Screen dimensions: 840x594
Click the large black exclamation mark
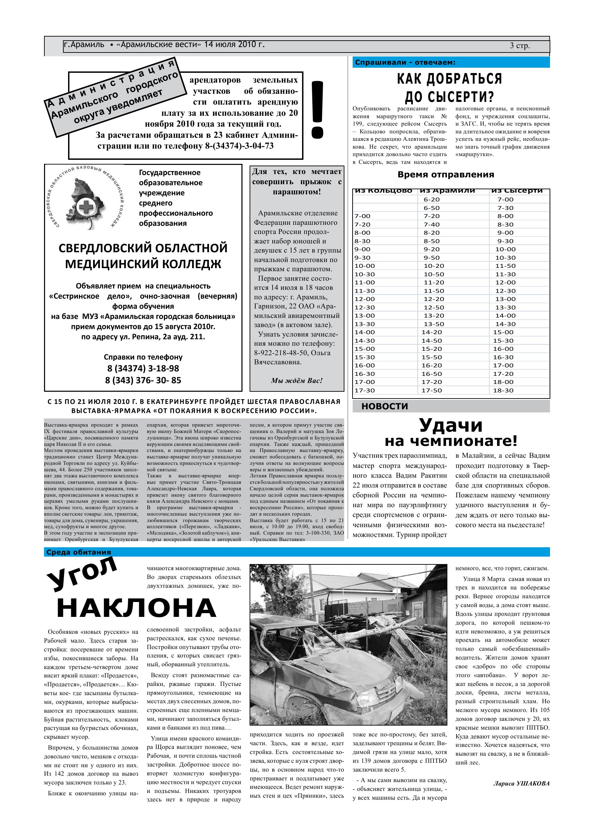pyautogui.click(x=317, y=110)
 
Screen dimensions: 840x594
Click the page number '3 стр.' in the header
pyautogui.click(x=520, y=46)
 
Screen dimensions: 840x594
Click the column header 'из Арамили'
pyautogui.click(x=447, y=191)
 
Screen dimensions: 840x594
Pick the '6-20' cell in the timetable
pyautogui.click(x=431, y=199)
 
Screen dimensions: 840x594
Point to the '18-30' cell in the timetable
pyautogui.click(x=503, y=390)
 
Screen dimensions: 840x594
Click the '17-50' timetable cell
pyautogui.click(x=431, y=390)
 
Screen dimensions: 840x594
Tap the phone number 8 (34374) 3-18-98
pyautogui.click(x=143, y=368)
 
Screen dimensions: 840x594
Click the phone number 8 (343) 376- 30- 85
pyautogui.click(x=143, y=380)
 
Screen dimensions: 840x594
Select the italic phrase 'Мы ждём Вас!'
pyautogui.click(x=296, y=381)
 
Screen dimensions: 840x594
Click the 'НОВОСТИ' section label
pyautogui.click(x=385, y=406)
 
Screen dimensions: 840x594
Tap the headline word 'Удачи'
pyautogui.click(x=450, y=425)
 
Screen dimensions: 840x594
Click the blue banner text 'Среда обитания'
pyautogui.click(x=79, y=553)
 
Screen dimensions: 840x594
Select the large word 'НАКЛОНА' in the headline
pyautogui.click(x=136, y=608)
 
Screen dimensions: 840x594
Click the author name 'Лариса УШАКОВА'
pyautogui.click(x=521, y=783)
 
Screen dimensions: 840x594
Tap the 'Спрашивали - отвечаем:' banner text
pyautogui.click(x=405, y=62)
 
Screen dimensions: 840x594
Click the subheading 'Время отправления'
pyautogui.click(x=446, y=174)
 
